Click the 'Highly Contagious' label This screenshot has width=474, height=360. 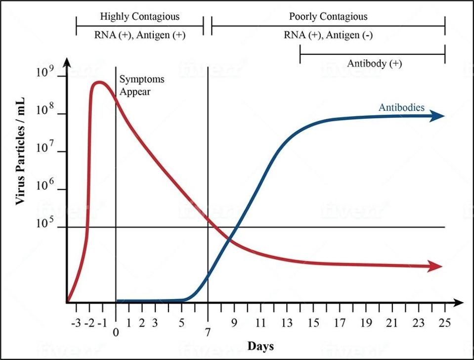139,16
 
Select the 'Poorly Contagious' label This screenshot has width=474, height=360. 328,16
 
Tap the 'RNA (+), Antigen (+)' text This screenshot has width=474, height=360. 140,35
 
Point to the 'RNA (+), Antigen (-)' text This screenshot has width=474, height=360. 328,35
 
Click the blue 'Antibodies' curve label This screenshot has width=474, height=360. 401,107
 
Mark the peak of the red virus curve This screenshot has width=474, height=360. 99,82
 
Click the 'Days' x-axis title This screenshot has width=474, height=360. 260,346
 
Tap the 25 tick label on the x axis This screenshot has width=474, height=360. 445,323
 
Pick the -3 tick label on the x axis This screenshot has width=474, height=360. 76,323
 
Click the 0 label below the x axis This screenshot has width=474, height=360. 116,333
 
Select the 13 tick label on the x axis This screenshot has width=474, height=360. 286,323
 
